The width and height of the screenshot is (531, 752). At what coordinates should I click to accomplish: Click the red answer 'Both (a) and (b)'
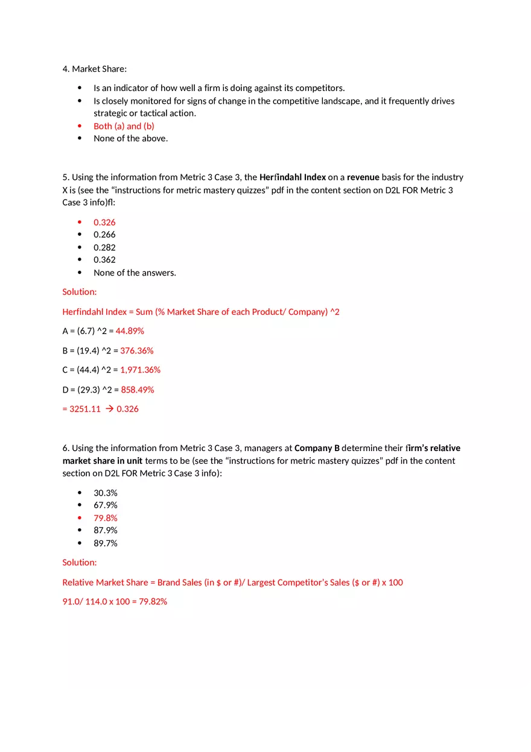pos(124,126)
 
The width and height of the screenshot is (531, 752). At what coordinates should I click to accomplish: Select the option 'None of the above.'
pos(130,139)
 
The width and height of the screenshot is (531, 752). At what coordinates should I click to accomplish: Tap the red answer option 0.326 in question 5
pos(104,223)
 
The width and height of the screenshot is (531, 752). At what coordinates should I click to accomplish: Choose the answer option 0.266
pos(104,235)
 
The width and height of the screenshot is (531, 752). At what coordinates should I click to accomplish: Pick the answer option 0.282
pos(104,247)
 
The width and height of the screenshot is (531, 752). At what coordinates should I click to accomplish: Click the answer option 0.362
pos(104,260)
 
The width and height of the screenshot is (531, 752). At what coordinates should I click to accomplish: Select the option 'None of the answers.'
pos(135,273)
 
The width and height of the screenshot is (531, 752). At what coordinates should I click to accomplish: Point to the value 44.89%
pos(130,331)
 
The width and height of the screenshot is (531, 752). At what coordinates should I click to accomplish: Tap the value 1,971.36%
pos(141,370)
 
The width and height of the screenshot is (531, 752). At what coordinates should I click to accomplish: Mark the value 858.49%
pos(138,390)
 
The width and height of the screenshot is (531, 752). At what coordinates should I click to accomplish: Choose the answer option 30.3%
pos(106,493)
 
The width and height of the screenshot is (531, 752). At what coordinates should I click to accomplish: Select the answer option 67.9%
pos(106,505)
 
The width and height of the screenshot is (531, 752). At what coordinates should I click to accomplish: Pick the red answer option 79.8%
pos(106,518)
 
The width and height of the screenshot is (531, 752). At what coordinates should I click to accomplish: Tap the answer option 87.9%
pos(106,531)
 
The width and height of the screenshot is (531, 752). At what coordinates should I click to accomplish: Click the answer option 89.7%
pos(106,543)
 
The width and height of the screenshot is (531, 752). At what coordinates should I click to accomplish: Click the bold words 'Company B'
pos(317,448)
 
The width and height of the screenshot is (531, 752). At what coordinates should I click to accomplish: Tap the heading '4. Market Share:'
pos(95,69)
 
